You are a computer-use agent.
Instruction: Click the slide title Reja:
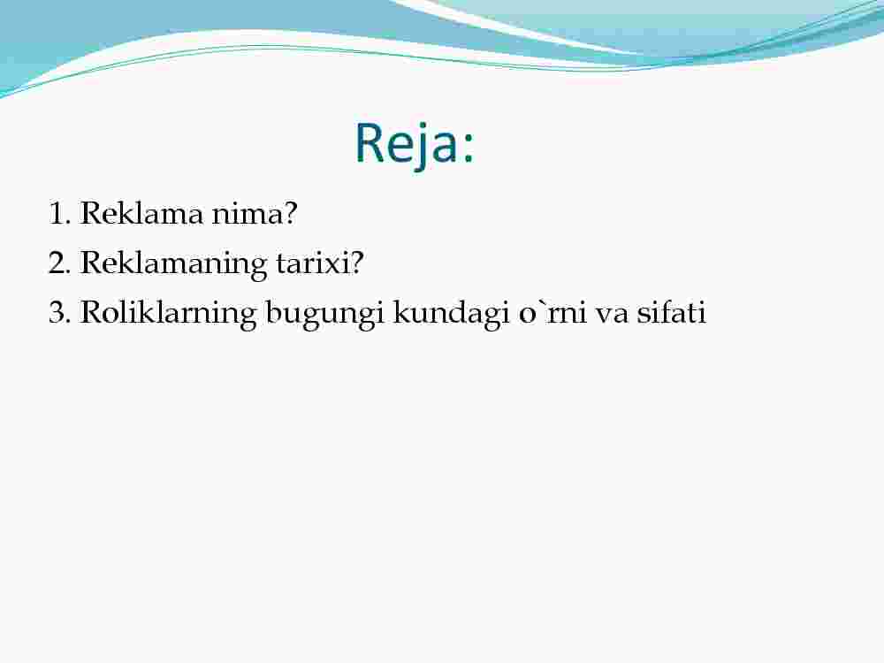tap(415, 144)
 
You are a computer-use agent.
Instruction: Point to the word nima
tap(248, 214)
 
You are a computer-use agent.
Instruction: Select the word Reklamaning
tap(173, 264)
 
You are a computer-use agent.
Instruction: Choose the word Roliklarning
tap(168, 314)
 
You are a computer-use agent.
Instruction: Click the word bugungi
tap(321, 314)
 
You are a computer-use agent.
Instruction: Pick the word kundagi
tap(447, 314)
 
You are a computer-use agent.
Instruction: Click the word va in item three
tap(612, 316)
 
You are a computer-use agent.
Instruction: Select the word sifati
tap(672, 312)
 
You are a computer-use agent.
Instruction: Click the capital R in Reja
tap(370, 143)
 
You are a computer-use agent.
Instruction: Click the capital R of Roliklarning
tap(93, 312)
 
